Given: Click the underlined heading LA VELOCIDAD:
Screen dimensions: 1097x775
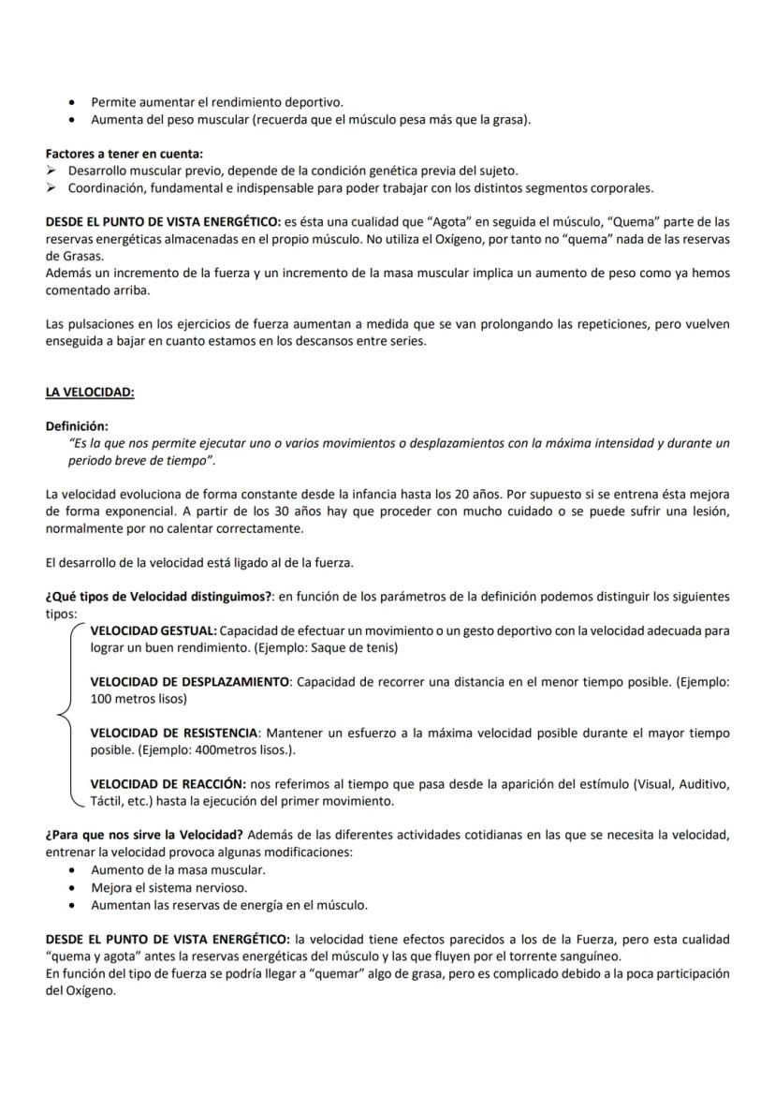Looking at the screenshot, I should [x=90, y=392].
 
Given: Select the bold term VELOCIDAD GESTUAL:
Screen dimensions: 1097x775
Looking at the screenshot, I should [x=154, y=630].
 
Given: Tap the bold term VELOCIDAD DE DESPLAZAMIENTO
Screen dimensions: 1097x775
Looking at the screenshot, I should [x=190, y=682].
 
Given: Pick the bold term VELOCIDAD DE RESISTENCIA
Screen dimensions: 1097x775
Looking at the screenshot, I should [x=173, y=733].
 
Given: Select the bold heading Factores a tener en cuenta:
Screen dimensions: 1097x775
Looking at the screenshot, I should [x=124, y=154].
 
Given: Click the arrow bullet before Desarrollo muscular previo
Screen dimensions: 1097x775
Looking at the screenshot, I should [x=52, y=170].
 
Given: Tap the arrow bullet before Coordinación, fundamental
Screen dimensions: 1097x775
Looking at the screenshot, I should [x=52, y=187].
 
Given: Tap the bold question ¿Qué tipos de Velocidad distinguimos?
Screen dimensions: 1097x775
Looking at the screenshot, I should [x=158, y=597].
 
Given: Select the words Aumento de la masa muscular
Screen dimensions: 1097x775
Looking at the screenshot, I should [x=178, y=870].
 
